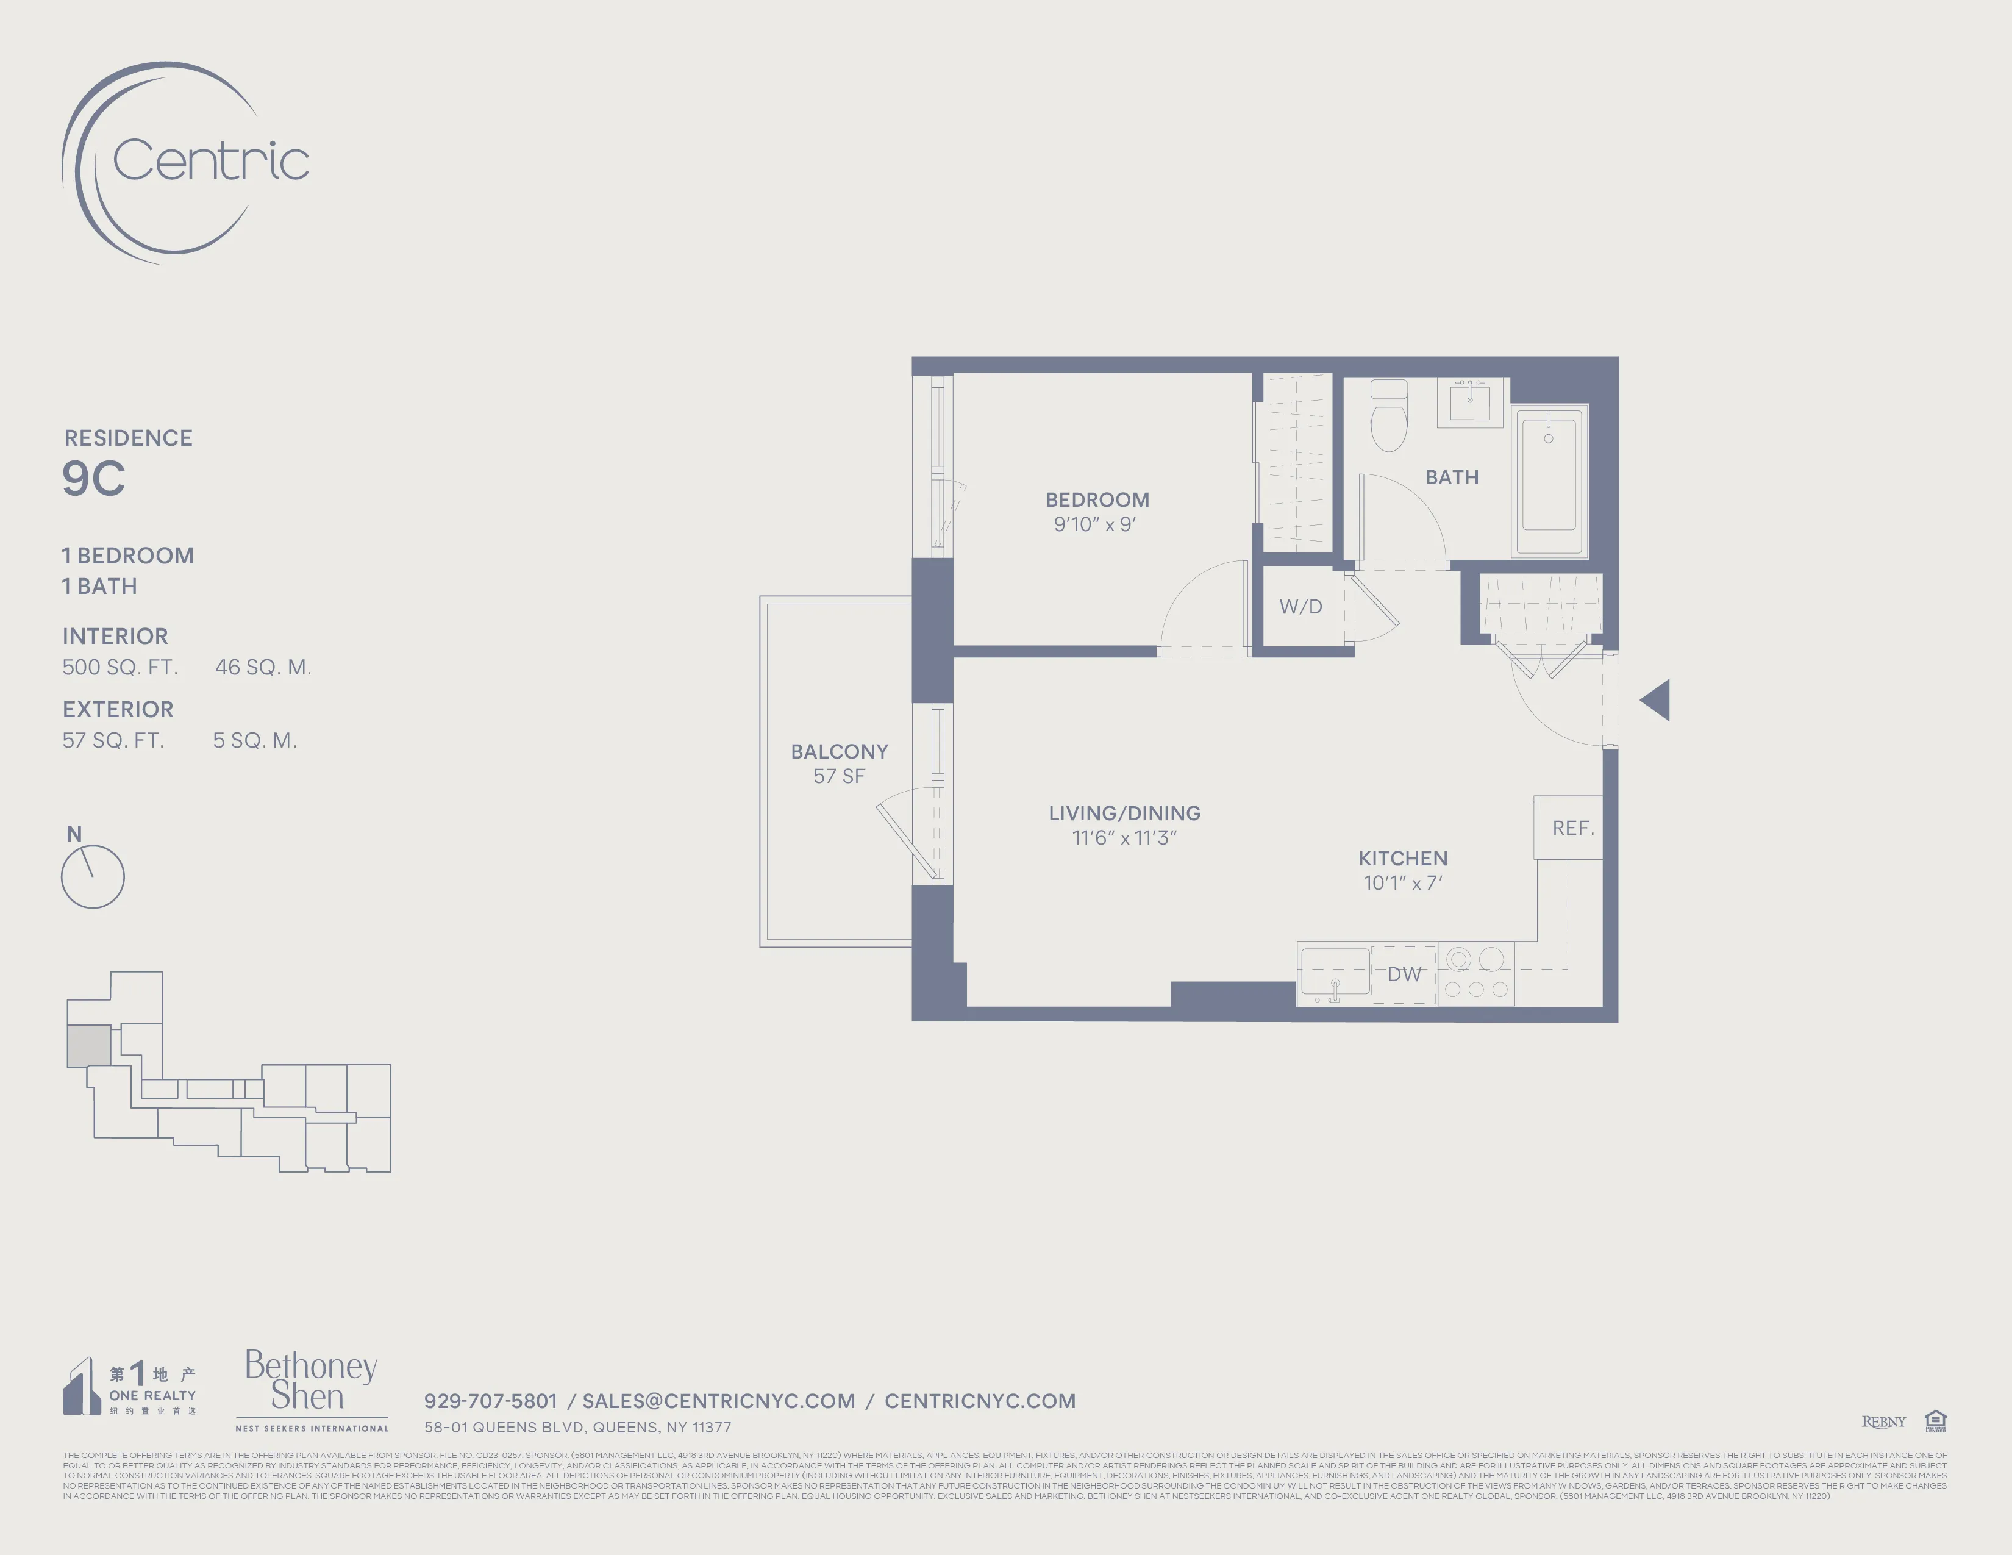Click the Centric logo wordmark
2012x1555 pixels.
[210, 161]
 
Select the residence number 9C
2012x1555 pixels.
[93, 478]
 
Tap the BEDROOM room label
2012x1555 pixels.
[1096, 499]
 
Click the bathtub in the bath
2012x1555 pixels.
[1549, 481]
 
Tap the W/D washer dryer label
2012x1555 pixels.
[1300, 606]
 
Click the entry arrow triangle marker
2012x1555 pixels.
[1657, 700]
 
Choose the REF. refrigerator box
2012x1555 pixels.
[1572, 828]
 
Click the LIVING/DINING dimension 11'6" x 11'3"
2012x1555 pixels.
[1124, 837]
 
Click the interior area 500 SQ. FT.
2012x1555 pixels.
[120, 667]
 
